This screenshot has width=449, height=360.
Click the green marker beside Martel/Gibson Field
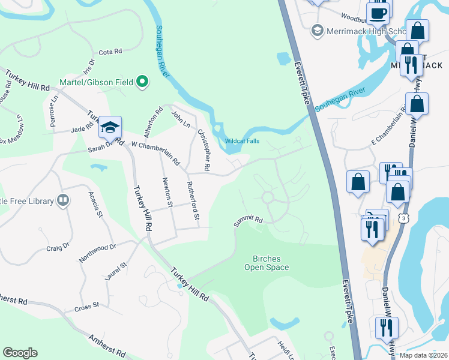(x=142, y=82)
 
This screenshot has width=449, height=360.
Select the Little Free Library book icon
(x=62, y=200)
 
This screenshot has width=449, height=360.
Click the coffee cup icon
(x=378, y=13)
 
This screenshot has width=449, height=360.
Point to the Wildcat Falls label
(x=242, y=141)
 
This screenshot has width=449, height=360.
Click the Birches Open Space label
(x=267, y=263)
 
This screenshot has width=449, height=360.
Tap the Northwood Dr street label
(x=97, y=252)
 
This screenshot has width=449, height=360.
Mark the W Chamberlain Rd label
(x=155, y=152)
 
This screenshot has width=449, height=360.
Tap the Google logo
(x=20, y=353)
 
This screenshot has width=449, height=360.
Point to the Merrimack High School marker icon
(x=317, y=30)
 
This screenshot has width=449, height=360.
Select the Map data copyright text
(x=423, y=355)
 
